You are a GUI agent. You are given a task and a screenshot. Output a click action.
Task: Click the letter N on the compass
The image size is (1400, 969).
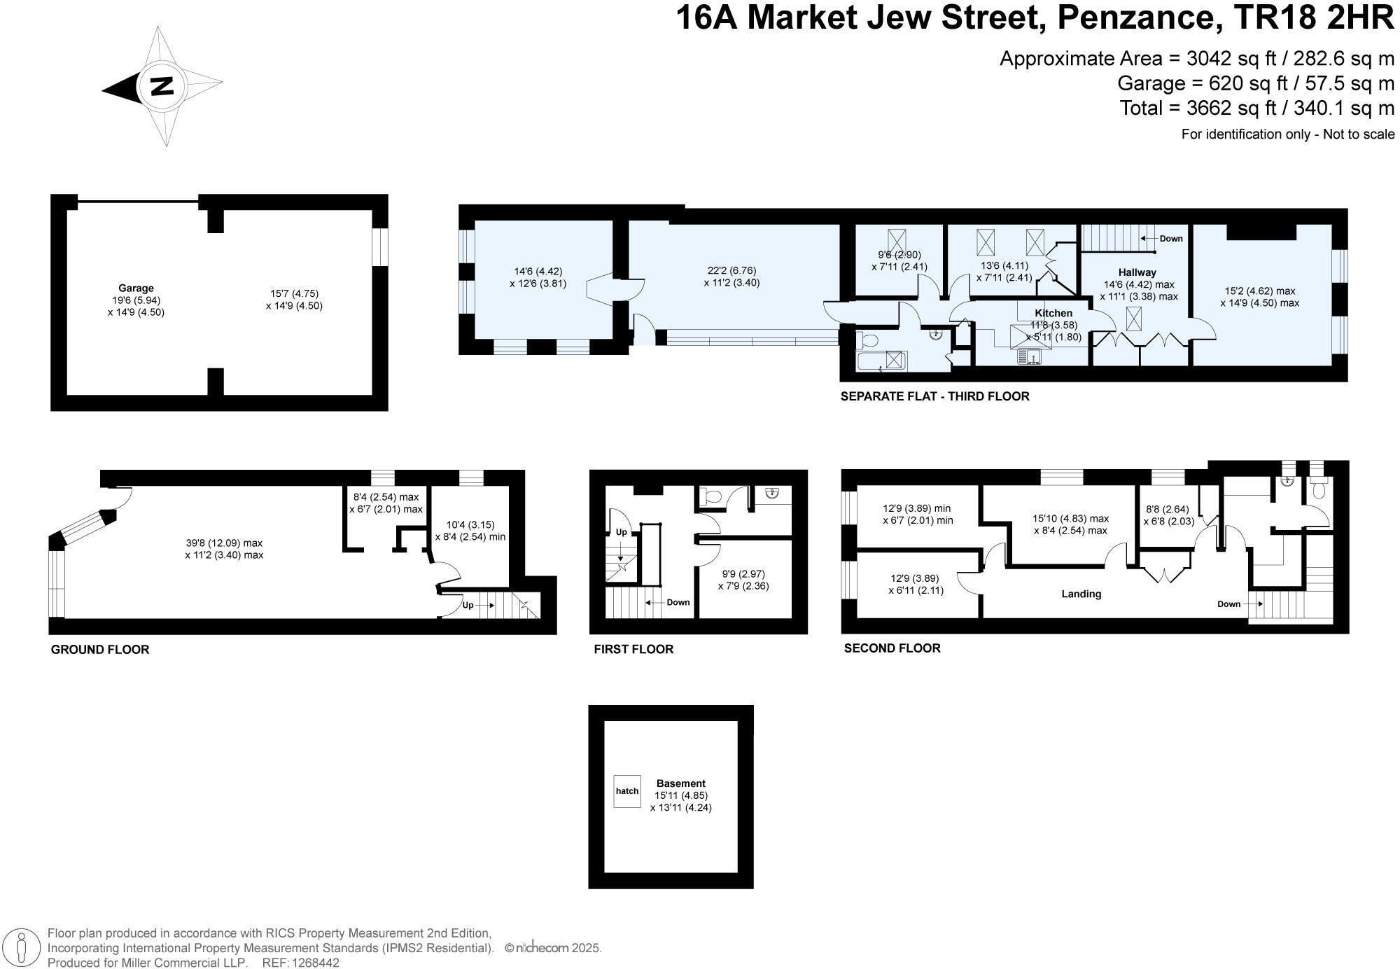coord(162,86)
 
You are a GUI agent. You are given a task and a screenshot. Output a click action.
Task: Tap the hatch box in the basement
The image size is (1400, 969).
coord(627,791)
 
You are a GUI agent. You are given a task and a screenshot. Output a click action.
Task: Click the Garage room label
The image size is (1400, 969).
coord(136,288)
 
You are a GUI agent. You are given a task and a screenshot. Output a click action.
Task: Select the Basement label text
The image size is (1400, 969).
coord(680,783)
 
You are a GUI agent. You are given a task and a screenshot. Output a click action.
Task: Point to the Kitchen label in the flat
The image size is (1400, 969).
coord(1053,313)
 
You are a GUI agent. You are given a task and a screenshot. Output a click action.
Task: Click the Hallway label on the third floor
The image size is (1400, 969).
coord(1137,272)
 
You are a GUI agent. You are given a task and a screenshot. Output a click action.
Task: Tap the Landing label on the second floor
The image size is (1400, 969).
coord(1081,594)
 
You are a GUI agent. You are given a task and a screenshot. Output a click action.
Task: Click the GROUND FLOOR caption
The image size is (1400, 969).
coord(100,650)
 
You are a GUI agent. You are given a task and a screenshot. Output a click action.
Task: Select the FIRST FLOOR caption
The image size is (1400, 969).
coord(633,649)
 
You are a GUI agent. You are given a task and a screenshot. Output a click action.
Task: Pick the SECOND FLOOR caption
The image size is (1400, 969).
coord(892,648)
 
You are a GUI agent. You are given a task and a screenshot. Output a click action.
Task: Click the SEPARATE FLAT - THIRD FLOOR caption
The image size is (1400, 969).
coord(934,396)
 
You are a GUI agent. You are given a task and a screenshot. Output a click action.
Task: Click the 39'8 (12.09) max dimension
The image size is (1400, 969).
coord(224,543)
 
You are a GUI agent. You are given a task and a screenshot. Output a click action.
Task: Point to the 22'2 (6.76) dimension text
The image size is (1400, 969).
coord(731,270)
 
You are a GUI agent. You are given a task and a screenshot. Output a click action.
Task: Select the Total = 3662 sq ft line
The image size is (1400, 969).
coord(1256,109)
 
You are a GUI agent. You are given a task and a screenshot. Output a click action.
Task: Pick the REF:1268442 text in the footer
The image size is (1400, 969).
coord(300,963)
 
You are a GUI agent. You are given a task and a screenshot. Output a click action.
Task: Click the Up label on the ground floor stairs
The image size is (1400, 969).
coord(468,605)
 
